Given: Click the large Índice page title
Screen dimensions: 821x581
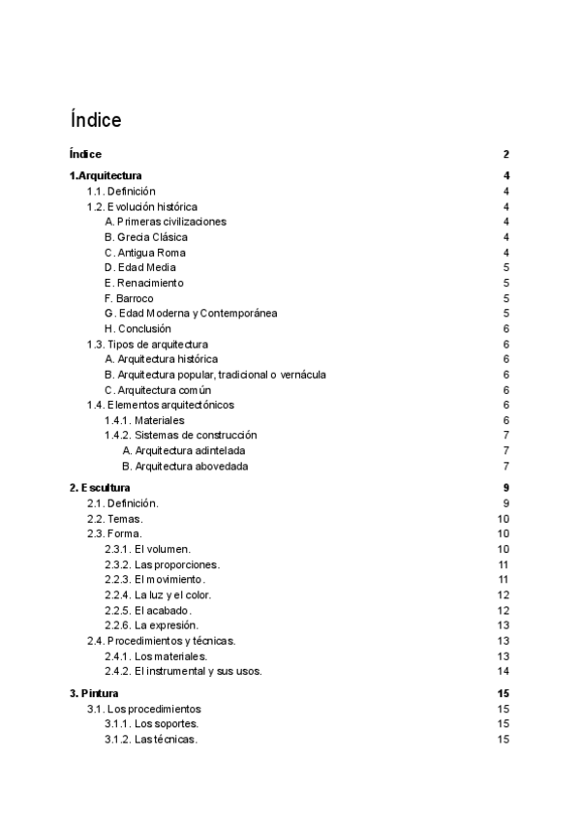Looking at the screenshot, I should (96, 120).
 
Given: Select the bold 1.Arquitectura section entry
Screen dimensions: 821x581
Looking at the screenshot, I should (106, 175).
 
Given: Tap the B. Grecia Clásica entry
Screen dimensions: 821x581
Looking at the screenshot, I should (146, 237).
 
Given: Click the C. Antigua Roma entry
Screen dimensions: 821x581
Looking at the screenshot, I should (145, 253).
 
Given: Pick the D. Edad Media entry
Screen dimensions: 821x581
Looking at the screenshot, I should (140, 267).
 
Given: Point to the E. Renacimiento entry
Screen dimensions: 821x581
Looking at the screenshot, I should (143, 283).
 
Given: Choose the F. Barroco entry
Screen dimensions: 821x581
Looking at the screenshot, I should (129, 298).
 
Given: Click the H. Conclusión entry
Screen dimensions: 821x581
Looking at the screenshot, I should (138, 329).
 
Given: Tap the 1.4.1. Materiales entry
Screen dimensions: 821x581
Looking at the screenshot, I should (144, 420).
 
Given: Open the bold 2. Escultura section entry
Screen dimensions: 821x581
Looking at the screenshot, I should (100, 487).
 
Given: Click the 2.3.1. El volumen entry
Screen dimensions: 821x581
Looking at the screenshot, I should (148, 549).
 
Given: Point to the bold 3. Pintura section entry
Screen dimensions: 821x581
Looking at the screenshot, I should (94, 693).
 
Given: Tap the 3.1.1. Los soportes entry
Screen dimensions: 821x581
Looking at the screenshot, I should (152, 724).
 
